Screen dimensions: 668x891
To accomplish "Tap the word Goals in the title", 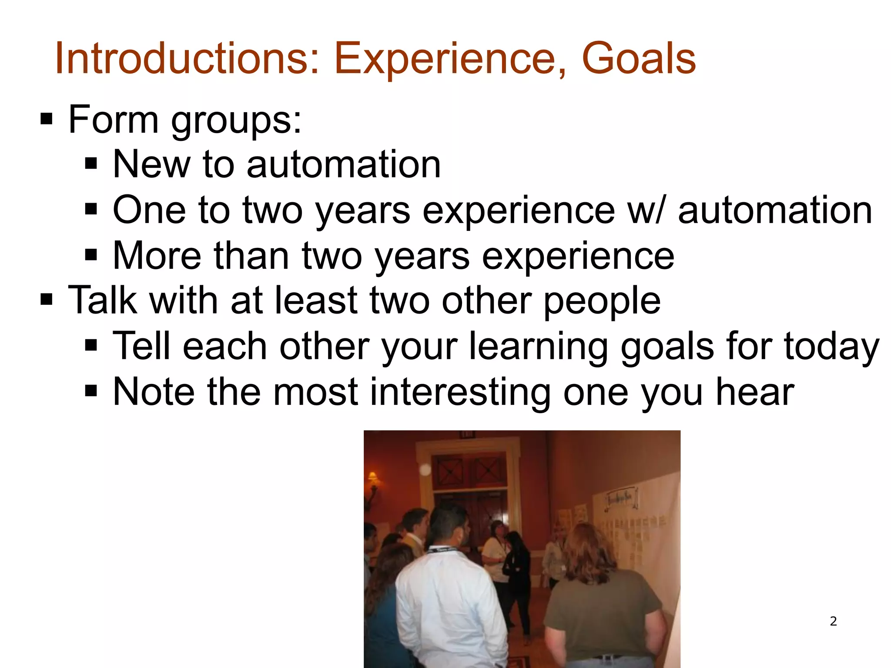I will click(638, 59).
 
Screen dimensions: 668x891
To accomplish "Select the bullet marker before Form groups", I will click(46, 119).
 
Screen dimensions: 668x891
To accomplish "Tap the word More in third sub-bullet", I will click(157, 256).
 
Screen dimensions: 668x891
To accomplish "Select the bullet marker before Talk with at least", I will click(46, 299).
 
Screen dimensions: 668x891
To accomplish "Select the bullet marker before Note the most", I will click(90, 391).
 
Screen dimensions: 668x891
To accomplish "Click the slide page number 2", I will click(833, 621).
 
